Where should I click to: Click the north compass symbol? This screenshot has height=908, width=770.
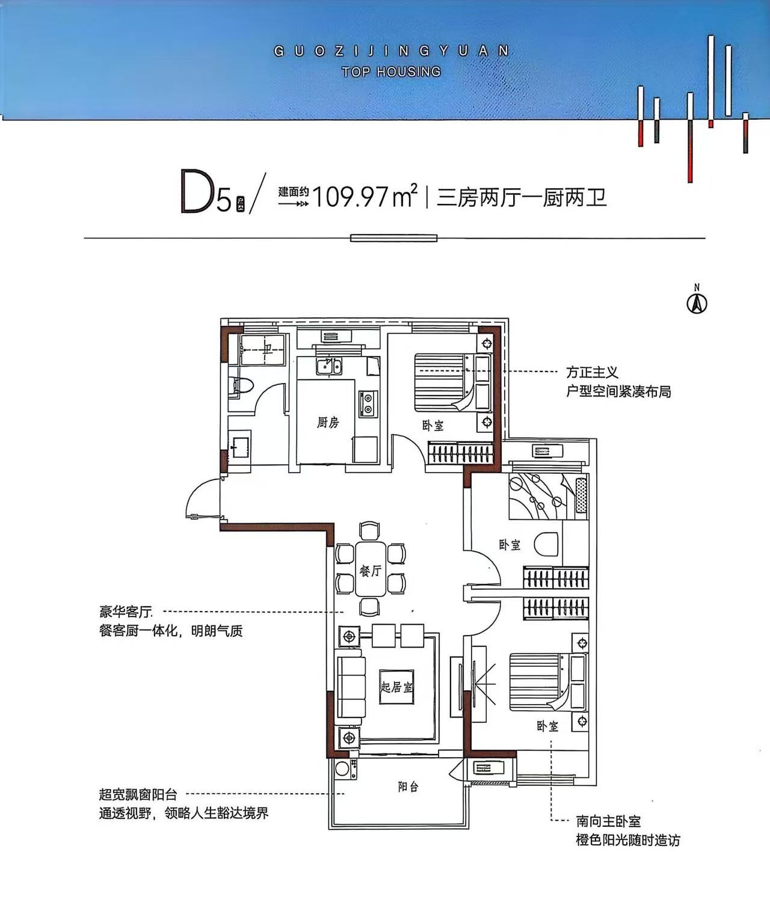pos(697,303)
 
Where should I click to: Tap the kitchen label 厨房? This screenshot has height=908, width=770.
pos(328,423)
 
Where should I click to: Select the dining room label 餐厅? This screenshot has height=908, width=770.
pos(371,571)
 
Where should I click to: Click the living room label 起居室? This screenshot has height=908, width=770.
pos(397,687)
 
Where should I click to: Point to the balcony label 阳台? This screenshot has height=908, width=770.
pos(408,787)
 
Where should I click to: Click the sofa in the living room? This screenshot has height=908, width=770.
pos(351,692)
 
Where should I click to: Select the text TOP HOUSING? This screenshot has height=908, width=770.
pos(391,72)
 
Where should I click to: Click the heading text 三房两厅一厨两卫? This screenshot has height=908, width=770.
pos(521,197)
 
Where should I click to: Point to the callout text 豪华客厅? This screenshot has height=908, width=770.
pos(126,612)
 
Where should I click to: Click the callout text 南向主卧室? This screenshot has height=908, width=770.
pos(608,821)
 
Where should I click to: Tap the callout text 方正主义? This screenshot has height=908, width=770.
pos(592,372)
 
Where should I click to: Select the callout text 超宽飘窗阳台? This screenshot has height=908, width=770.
pos(138,794)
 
